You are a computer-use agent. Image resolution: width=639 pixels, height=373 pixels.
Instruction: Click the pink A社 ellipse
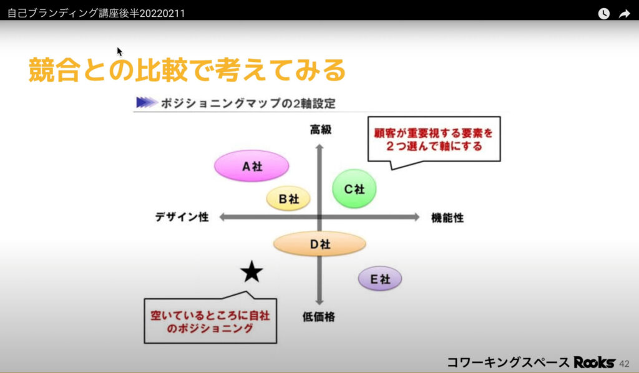(x=251, y=166)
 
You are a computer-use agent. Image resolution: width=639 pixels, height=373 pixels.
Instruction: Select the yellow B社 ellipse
(x=288, y=199)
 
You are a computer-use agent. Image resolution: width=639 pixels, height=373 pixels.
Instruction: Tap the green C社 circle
(x=354, y=188)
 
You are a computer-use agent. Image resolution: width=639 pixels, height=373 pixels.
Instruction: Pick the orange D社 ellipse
(x=319, y=244)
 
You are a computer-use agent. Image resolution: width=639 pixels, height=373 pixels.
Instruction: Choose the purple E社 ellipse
(x=379, y=279)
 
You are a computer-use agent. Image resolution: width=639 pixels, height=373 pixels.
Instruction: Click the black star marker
(x=251, y=272)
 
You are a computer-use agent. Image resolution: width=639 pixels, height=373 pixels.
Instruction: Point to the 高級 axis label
(x=320, y=130)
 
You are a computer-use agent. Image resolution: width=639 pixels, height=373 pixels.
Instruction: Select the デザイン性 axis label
(x=182, y=217)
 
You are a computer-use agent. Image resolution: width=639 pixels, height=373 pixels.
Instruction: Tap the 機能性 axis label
(x=447, y=218)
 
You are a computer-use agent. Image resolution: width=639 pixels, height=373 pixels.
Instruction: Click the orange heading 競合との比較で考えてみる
(x=187, y=70)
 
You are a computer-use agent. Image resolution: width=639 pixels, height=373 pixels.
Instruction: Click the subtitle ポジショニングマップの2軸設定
(x=248, y=104)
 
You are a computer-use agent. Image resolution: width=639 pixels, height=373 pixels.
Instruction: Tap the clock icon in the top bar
(x=603, y=14)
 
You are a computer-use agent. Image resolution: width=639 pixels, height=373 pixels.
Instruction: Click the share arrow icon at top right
(x=624, y=14)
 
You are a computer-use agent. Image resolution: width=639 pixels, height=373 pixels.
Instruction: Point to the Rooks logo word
(x=594, y=362)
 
